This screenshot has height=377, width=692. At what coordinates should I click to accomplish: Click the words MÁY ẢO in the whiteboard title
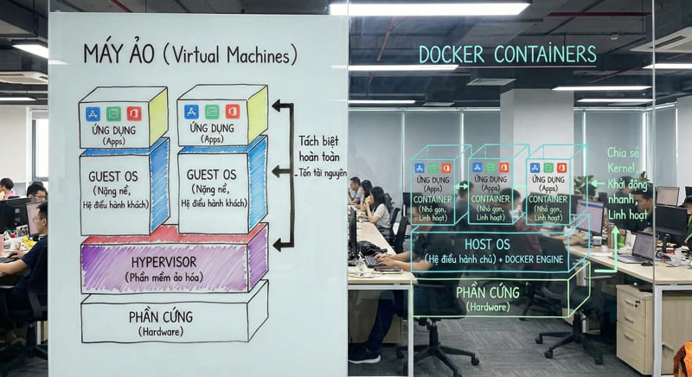tap(118, 54)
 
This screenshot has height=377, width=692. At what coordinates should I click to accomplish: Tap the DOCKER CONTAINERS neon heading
tap(507, 54)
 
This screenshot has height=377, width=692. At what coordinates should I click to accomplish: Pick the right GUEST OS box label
tap(211, 176)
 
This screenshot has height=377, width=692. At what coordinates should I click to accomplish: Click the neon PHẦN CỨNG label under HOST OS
tap(487, 292)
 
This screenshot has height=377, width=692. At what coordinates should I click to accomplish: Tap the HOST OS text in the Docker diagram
tap(487, 244)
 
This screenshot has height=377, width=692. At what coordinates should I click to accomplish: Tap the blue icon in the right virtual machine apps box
tap(191, 112)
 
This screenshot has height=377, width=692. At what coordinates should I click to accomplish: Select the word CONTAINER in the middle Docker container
tap(490, 196)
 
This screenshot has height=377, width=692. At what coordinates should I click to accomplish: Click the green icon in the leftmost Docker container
tap(432, 168)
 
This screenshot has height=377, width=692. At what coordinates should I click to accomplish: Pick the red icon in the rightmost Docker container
tap(561, 168)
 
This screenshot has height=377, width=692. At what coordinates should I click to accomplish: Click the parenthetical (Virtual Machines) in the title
tap(230, 55)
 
